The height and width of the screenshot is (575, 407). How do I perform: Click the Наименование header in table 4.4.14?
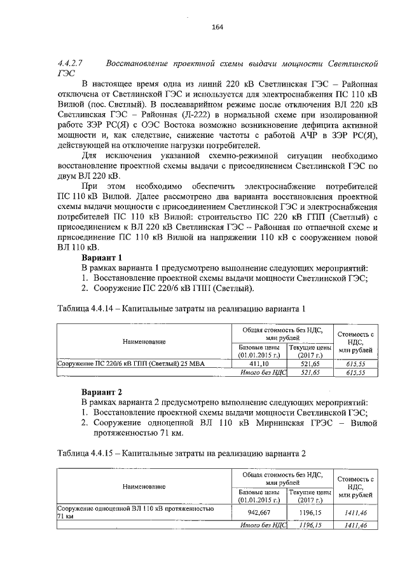click(144, 341)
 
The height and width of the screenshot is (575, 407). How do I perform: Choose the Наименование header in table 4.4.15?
click(144, 486)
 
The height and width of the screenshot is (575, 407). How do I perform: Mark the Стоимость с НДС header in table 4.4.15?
click(355, 486)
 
